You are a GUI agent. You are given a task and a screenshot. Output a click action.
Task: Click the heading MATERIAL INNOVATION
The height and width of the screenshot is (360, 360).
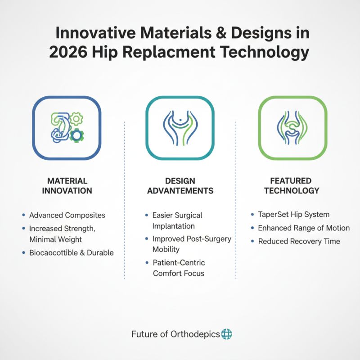coord(67,185)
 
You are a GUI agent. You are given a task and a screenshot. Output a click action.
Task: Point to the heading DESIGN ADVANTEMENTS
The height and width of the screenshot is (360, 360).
coord(180,185)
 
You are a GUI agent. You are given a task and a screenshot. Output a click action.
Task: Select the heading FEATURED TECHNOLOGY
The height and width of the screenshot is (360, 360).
coord(292,185)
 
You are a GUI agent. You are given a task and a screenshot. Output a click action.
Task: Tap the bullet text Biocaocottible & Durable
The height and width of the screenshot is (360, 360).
coord(71,252)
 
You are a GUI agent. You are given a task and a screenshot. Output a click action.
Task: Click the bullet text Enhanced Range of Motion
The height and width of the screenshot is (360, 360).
coord(304,228)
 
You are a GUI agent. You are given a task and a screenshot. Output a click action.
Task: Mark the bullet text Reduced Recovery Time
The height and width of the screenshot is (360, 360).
coord(299,241)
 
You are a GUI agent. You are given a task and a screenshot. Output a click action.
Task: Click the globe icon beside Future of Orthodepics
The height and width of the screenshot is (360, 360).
coord(227,334)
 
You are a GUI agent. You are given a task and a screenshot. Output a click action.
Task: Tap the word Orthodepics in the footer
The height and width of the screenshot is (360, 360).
coord(195,334)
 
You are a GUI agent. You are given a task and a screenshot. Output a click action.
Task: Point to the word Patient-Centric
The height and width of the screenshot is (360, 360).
coord(179,262)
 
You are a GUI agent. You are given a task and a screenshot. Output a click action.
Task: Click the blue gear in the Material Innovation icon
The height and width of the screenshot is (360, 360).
coord(78,135)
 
